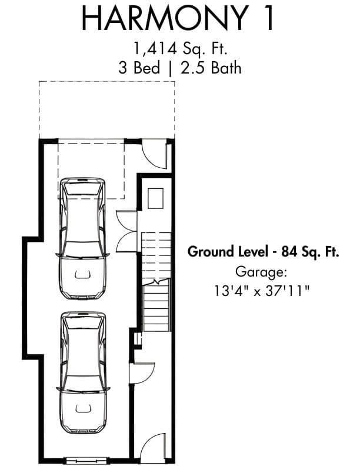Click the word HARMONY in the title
(x=165, y=18)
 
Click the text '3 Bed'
(x=139, y=68)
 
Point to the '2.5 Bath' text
(x=211, y=68)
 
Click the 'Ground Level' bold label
(x=228, y=252)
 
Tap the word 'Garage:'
(x=261, y=272)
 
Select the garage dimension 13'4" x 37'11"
(x=262, y=291)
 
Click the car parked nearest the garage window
(x=83, y=372)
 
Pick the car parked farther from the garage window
(x=83, y=238)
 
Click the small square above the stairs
(x=156, y=198)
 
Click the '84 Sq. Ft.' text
(x=310, y=252)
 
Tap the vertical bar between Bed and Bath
(x=170, y=68)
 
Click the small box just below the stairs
(x=138, y=339)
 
